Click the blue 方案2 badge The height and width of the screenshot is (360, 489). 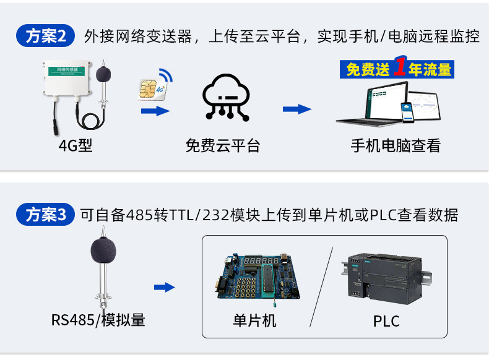45,35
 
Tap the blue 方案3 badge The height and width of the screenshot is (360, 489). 45,215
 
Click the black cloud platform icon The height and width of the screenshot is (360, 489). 227,98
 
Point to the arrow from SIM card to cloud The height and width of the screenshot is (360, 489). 155,111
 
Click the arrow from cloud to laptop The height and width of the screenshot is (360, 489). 297,109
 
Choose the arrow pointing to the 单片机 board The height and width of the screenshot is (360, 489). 165,287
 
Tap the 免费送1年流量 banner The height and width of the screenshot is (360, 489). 397,68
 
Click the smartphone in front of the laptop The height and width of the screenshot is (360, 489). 407,112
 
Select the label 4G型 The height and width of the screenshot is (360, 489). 76,145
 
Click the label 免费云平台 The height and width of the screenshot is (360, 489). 223,145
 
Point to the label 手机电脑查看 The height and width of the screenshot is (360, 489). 396,145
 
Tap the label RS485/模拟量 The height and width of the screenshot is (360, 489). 98,320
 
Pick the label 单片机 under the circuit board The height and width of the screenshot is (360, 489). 254,321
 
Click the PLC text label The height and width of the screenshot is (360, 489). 386,322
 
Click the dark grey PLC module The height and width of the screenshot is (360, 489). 387,278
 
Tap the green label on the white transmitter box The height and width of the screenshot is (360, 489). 66,71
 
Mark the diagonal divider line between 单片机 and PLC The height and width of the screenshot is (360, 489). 321,287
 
